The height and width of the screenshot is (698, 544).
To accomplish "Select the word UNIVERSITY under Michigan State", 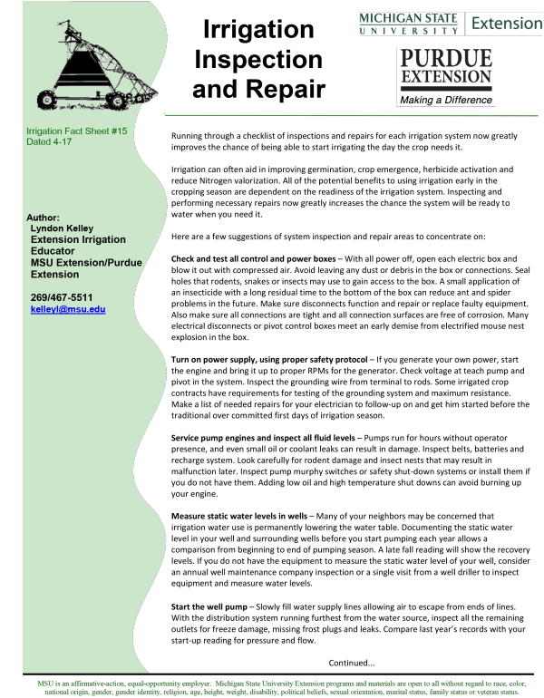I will (x=409, y=32).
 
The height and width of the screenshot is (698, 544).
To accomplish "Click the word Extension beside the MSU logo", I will (x=507, y=24).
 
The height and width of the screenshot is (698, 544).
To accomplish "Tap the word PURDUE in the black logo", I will (x=445, y=60).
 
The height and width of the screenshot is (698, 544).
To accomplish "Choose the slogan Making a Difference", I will (x=445, y=100).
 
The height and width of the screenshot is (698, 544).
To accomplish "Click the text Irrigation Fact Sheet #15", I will (x=77, y=132).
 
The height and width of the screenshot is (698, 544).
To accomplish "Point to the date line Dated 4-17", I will (x=49, y=142).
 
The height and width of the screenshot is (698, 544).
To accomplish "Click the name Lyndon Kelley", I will (x=63, y=228).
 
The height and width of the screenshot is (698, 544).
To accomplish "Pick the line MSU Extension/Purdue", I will (x=86, y=263).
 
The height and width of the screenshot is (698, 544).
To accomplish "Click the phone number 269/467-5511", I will (x=62, y=297).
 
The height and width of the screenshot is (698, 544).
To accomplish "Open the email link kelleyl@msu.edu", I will (x=68, y=309).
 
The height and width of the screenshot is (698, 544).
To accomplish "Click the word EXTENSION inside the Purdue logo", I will (x=445, y=77).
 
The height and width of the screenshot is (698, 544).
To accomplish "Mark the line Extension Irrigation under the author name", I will (x=78, y=240).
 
